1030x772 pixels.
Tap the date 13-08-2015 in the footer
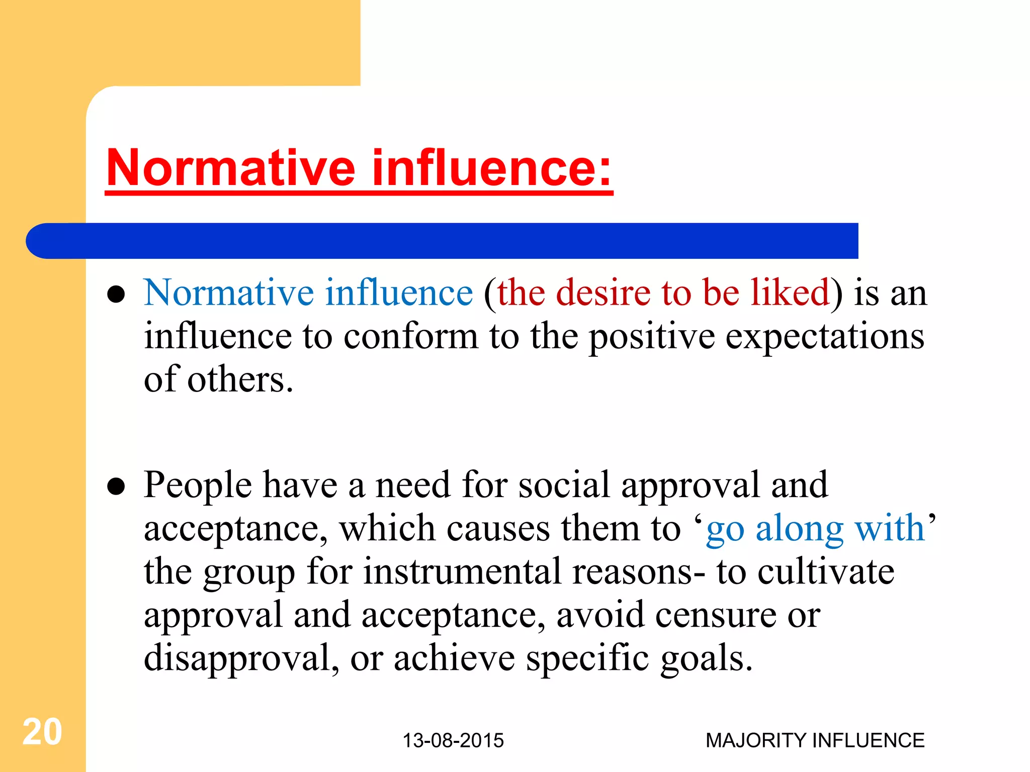[453, 740]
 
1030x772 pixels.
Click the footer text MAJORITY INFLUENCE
[815, 740]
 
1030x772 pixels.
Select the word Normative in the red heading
[231, 168]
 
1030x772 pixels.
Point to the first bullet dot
[116, 295]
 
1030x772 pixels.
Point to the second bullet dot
[116, 487]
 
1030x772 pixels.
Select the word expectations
[824, 337]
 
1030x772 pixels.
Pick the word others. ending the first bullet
[240, 380]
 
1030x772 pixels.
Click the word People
[198, 486]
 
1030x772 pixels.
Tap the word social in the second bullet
[564, 485]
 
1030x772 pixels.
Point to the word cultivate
[826, 572]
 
